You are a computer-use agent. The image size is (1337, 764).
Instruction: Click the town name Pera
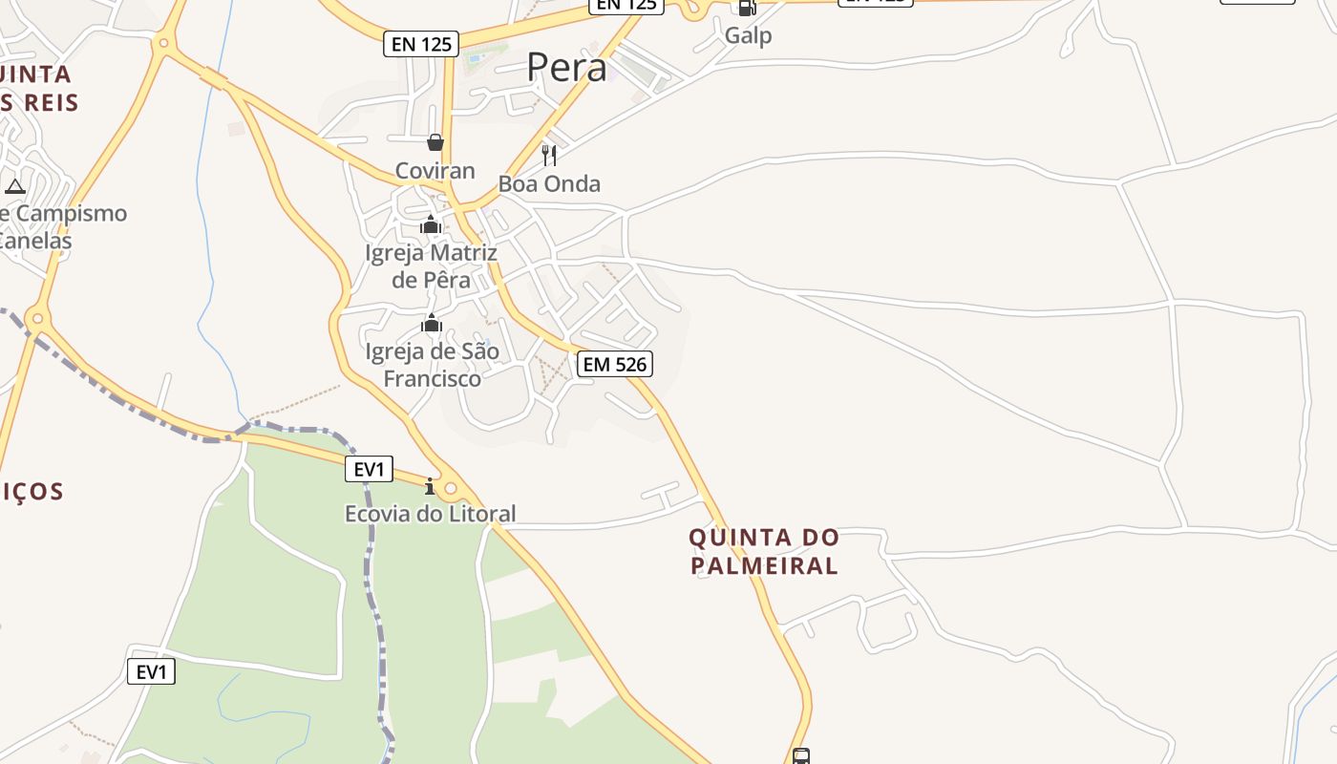[566, 68]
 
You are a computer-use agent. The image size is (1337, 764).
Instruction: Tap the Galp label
[748, 35]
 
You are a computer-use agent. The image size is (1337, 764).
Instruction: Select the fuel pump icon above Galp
[747, 8]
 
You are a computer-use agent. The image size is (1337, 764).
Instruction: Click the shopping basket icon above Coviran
[435, 143]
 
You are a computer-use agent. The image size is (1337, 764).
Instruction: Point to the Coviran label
[435, 171]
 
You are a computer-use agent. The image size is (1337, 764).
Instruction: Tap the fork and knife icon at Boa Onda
[549, 155]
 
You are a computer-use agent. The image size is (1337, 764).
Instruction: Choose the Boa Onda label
[549, 183]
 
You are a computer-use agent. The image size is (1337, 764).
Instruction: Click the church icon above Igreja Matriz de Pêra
[431, 225]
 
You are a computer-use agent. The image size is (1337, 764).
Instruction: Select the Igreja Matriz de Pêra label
[432, 266]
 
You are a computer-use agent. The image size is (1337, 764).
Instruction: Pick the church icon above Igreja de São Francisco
[432, 324]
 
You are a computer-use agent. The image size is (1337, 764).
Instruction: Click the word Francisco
[433, 378]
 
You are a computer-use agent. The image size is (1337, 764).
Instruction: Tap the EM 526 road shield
[615, 364]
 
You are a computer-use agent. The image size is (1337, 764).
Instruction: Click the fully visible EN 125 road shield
[421, 43]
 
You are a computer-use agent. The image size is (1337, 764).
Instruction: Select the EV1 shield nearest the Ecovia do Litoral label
[369, 469]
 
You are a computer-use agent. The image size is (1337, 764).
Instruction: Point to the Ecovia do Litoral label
[430, 514]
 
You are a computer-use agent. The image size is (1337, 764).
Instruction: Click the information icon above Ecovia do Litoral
[430, 487]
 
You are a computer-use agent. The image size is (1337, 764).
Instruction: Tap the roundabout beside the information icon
[451, 489]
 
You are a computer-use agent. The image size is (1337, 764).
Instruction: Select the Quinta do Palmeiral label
[764, 551]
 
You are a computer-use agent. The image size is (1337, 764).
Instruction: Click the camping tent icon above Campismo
[14, 185]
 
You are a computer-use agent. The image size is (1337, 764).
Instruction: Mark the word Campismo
[72, 213]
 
